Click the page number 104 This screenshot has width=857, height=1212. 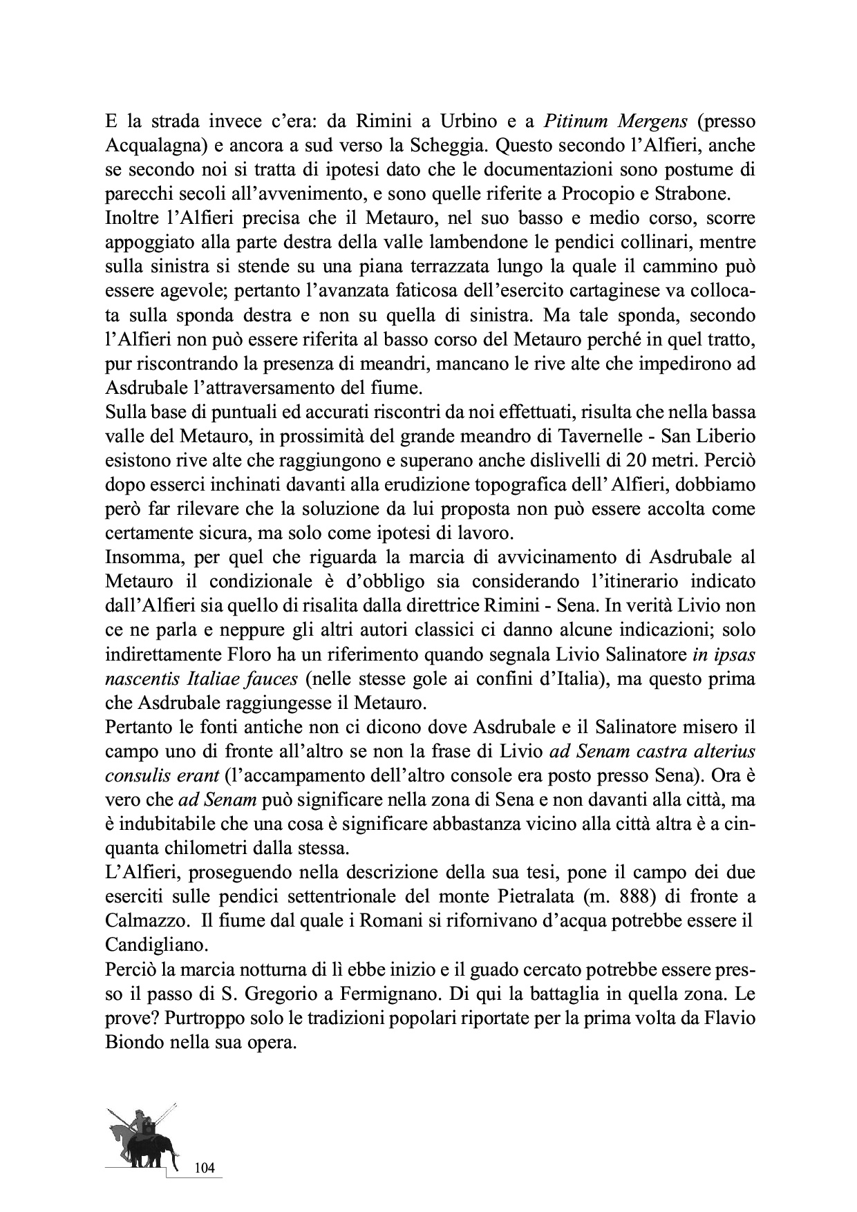205,1168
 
